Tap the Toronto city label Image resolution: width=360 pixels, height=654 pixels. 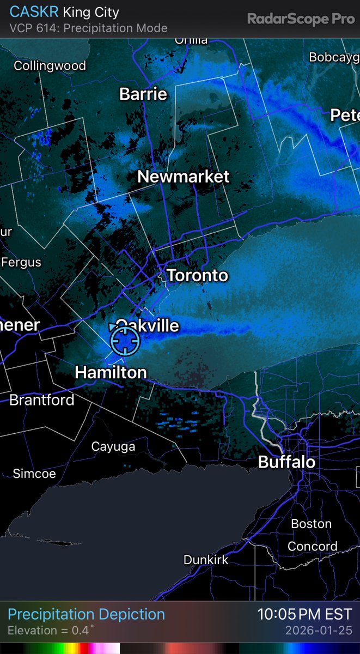197,275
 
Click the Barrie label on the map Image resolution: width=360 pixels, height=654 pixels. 143,94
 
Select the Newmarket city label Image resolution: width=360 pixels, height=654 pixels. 184,177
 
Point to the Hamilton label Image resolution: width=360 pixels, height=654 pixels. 111,372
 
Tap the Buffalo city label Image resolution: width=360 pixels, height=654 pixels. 286,463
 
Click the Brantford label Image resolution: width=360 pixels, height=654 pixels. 42,400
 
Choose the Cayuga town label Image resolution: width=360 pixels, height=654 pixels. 113,447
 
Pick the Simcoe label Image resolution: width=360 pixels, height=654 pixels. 34,474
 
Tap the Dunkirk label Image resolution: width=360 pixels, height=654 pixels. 206,560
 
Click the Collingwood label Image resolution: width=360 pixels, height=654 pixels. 50,66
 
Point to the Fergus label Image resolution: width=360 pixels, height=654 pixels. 21,262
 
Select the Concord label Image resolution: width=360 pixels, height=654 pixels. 313,547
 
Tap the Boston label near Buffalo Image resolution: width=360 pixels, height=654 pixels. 312,524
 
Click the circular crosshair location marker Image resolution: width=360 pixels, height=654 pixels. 125,341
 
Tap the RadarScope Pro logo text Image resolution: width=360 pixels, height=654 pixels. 301,19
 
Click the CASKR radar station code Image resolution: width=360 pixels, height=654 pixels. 34,12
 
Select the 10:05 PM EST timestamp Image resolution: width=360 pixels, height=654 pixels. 304,615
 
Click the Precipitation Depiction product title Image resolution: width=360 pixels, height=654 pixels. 86,615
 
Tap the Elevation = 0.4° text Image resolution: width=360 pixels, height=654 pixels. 51,631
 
